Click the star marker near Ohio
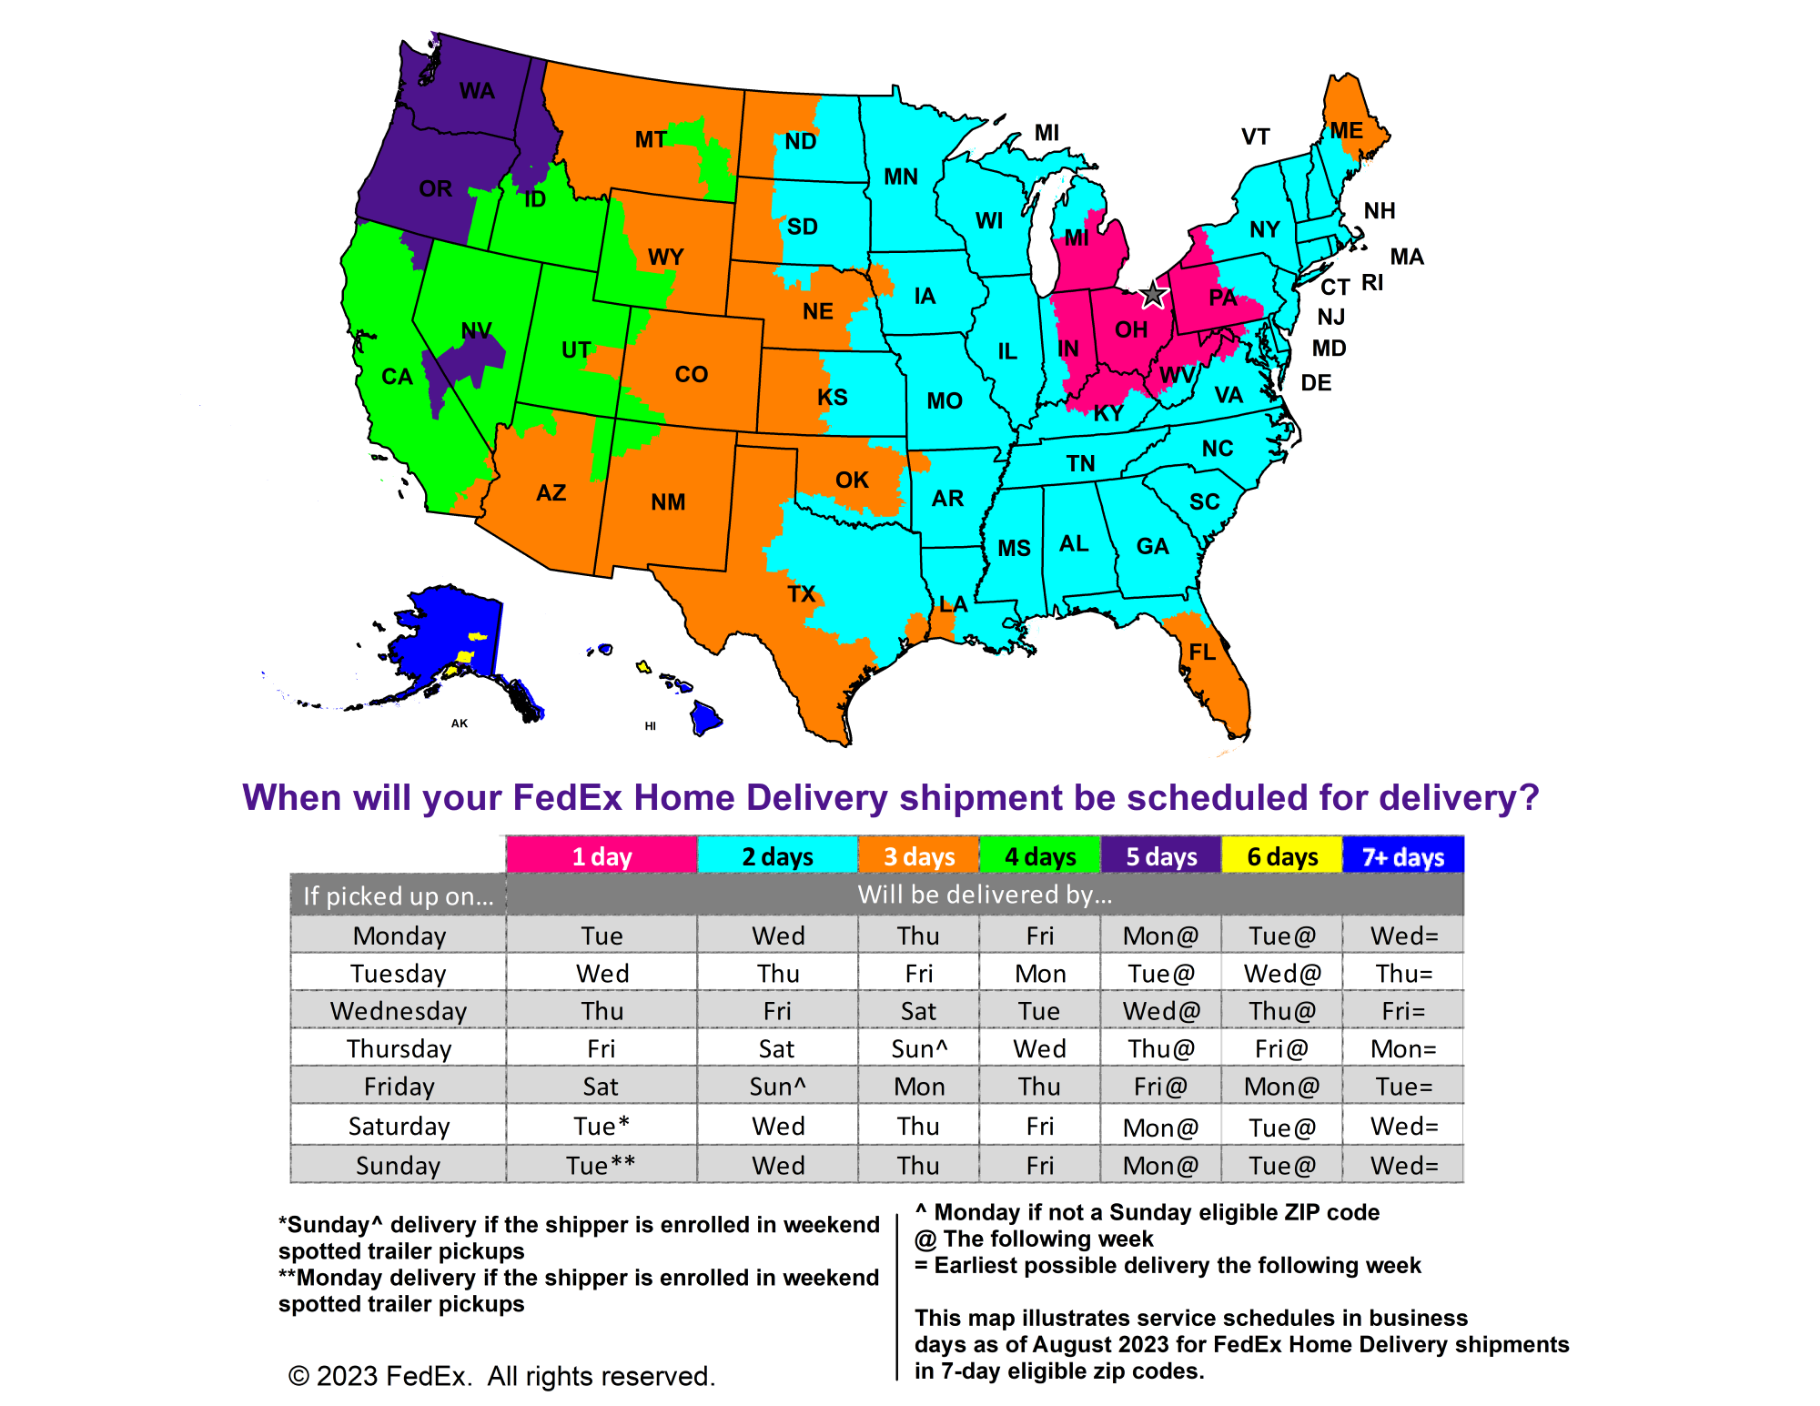pyautogui.click(x=1153, y=294)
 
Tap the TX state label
pyautogui.click(x=801, y=594)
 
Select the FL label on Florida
pyautogui.click(x=1202, y=652)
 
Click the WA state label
pyautogui.click(x=477, y=91)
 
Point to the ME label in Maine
pyautogui.click(x=1346, y=130)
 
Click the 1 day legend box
pyautogui.click(x=602, y=856)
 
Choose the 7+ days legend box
pyautogui.click(x=1402, y=856)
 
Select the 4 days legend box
pyautogui.click(x=1040, y=856)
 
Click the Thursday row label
pyautogui.click(x=399, y=1048)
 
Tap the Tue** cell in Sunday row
pyautogui.click(x=601, y=1165)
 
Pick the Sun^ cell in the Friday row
pyautogui.click(x=777, y=1087)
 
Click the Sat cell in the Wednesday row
pyautogui.click(x=918, y=1011)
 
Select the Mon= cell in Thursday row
pyautogui.click(x=1403, y=1048)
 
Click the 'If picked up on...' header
pyautogui.click(x=399, y=896)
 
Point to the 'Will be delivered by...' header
pyautogui.click(x=985, y=895)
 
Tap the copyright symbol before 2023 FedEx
pyautogui.click(x=298, y=1376)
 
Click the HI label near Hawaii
pyautogui.click(x=650, y=726)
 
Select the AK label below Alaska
pyautogui.click(x=460, y=723)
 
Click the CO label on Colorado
pyautogui.click(x=692, y=374)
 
